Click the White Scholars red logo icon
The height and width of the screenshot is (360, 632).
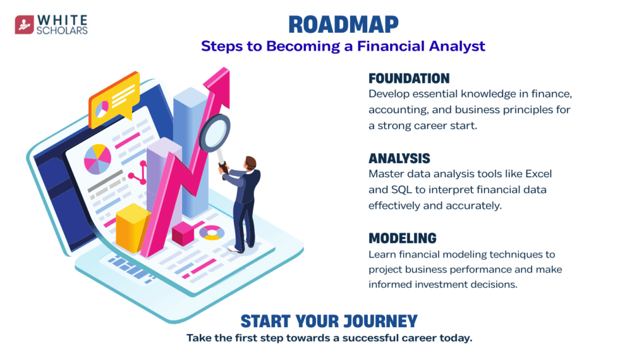point(24,25)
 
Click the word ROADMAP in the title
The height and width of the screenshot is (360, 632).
point(343,25)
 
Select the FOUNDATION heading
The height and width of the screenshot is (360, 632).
point(409,78)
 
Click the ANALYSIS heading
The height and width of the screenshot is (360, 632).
point(399,159)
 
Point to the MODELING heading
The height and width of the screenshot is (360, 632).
point(402,238)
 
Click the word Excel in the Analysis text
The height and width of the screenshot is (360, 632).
point(538,174)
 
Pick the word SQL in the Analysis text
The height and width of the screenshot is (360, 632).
point(400,190)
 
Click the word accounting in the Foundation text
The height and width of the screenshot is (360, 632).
point(397,110)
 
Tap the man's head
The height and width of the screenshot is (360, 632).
point(251,163)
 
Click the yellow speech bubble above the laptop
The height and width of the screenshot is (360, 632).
point(114,100)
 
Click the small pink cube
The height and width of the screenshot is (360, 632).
point(183,234)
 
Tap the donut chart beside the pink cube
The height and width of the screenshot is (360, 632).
point(212,233)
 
